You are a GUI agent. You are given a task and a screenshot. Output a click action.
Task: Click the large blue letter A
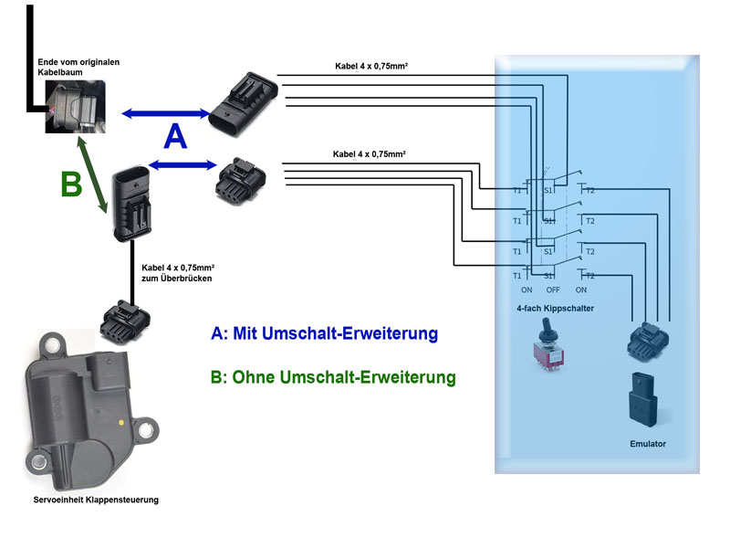coord(175,137)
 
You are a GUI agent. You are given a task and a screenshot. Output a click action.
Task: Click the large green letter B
coord(71,184)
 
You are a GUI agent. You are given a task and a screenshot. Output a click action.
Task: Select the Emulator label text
coord(648,444)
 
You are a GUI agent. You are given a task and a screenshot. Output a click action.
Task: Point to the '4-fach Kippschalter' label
coord(555,309)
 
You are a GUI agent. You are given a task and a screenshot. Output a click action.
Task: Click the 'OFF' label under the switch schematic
coord(553,290)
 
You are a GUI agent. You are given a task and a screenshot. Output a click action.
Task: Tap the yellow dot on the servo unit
coord(121,423)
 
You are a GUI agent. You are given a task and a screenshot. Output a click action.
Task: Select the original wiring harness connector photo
coord(73,106)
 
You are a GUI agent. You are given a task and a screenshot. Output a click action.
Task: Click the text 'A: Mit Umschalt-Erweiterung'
coord(324,333)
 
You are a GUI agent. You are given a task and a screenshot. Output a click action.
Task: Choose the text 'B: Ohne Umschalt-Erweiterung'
coord(332,376)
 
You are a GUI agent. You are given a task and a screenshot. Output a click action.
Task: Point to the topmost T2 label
coord(590,191)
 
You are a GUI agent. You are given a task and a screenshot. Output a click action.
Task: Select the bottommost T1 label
coord(516,276)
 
